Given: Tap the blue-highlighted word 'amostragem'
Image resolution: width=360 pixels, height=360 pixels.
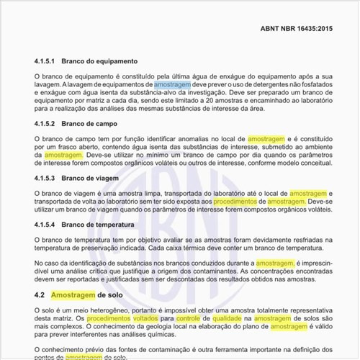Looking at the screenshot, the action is coord(172,85).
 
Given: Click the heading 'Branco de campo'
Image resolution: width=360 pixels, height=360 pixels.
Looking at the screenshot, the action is coord(89,124).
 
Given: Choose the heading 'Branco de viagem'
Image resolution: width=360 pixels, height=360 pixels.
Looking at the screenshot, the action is coord(91,178).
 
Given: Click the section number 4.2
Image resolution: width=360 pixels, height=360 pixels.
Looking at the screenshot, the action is coord(40,295).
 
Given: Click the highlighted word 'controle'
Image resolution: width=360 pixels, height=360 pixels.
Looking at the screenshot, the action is coord(186,318).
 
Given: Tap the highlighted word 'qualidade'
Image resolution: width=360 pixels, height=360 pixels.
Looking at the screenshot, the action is coord(231,318).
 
